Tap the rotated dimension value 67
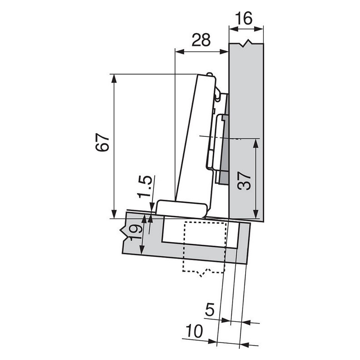coord(103,143)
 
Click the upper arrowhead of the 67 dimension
coord(114,79)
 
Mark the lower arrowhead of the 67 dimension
coord(114,214)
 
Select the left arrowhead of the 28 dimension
coord(179,51)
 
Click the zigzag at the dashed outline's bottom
coord(205,271)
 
